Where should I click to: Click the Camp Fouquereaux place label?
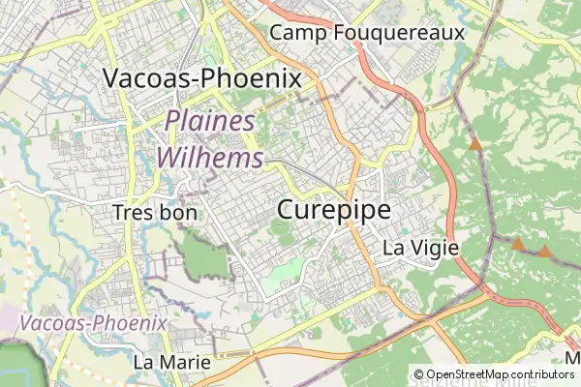[367, 32]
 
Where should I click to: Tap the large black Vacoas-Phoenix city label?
[201, 78]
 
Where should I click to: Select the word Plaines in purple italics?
[210, 122]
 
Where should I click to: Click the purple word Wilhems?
[210, 156]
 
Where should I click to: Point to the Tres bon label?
[154, 213]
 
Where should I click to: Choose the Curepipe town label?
[334, 209]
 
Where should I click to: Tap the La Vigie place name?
[420, 247]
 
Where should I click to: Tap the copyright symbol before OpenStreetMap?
[418, 374]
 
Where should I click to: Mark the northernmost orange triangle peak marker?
[475, 145]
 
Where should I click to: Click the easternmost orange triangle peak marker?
[545, 252]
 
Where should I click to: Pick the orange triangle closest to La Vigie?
[518, 245]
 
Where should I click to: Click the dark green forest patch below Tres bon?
[201, 255]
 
